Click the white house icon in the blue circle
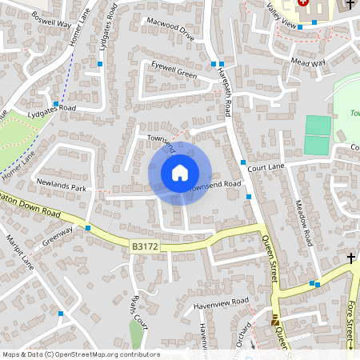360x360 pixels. click(180, 172)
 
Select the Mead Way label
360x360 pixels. click(309, 62)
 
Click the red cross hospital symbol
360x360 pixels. click(304, 3)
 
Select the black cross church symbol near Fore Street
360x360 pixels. click(351, 258)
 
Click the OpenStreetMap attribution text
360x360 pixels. click(81, 354)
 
